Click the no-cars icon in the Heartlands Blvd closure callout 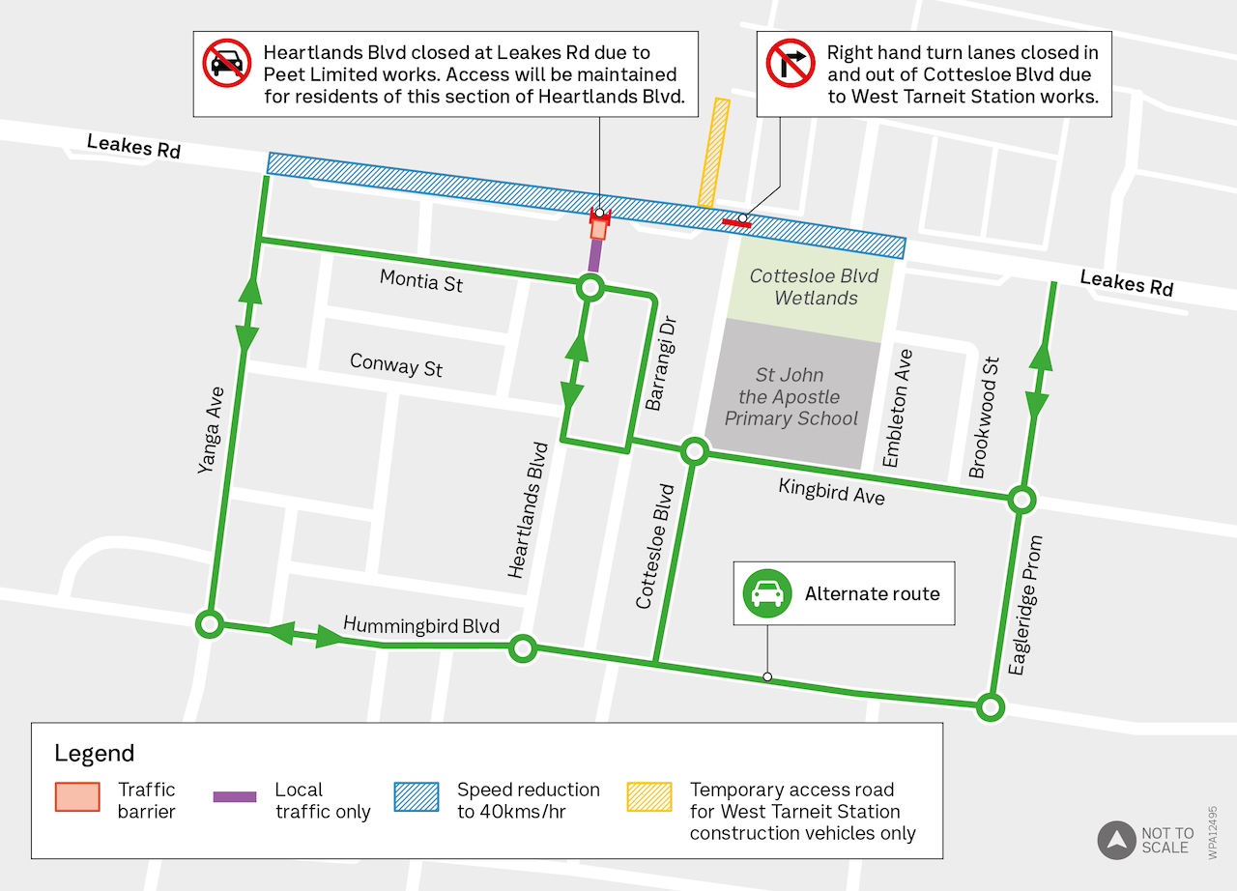[x=227, y=63]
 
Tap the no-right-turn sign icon [x=791, y=63]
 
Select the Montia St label [x=420, y=281]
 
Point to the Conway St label [x=396, y=365]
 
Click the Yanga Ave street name [x=211, y=430]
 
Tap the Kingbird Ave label [x=831, y=492]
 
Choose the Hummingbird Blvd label [x=421, y=625]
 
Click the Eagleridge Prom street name [x=1025, y=605]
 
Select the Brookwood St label [x=984, y=417]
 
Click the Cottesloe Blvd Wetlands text [x=815, y=287]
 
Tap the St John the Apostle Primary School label [x=791, y=396]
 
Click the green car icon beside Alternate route [x=766, y=593]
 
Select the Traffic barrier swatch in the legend [x=77, y=797]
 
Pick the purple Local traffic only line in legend [x=235, y=797]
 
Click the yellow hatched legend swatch [x=649, y=797]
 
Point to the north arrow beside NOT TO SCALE [x=1116, y=840]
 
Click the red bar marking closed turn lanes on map [x=736, y=223]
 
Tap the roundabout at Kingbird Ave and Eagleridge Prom [x=1021, y=500]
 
